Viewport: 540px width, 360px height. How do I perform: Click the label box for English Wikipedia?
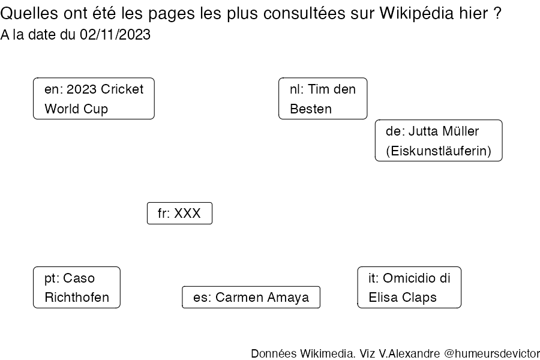(x=94, y=98)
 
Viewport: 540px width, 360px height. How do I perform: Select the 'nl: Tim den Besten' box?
(x=323, y=98)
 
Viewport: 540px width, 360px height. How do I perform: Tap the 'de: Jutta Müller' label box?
(x=439, y=140)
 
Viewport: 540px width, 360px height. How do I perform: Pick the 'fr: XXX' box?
(x=179, y=213)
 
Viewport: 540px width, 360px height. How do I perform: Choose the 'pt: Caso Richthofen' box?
(x=76, y=287)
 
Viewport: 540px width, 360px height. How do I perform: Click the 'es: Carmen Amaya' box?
(x=251, y=297)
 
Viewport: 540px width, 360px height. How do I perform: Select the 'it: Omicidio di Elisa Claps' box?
(x=409, y=287)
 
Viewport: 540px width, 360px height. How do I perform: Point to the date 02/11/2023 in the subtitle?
(x=115, y=34)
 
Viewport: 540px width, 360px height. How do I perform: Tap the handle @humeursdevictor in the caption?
(x=492, y=353)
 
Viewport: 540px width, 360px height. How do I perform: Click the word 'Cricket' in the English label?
(x=122, y=89)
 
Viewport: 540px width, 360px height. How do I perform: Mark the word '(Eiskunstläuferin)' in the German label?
(x=439, y=151)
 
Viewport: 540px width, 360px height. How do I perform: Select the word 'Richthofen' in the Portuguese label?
(x=77, y=298)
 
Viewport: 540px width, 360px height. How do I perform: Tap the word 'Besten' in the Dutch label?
(x=311, y=109)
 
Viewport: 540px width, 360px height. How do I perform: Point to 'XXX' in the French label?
(x=187, y=213)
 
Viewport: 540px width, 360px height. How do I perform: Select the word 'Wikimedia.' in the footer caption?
(x=328, y=353)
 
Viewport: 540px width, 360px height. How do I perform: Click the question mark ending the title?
(x=497, y=13)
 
